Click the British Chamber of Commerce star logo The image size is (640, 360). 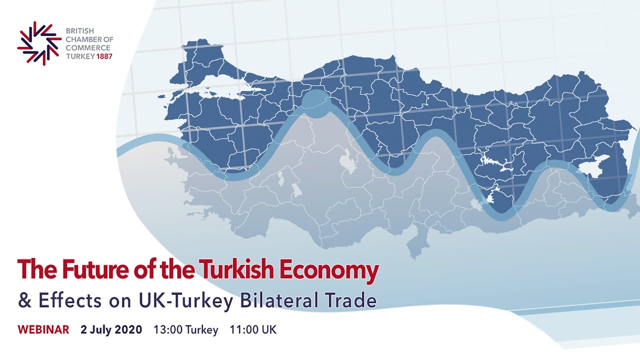click(x=39, y=43)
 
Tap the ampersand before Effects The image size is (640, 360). click(x=24, y=300)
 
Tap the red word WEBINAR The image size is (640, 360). click(x=43, y=330)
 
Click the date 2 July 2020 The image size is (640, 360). click(x=111, y=330)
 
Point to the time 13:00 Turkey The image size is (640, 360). click(x=185, y=330)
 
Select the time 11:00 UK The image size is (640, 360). click(x=252, y=330)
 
